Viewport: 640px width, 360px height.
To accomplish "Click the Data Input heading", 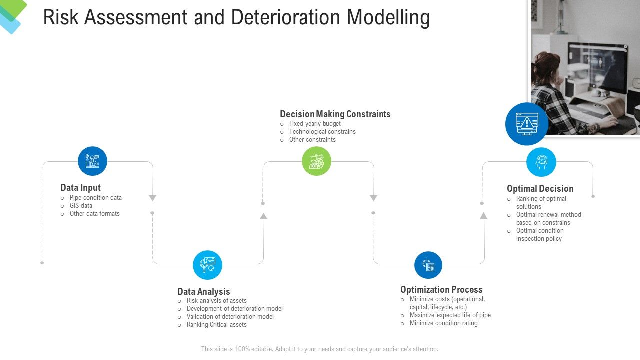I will [80, 188].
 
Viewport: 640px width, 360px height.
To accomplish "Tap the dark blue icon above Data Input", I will [92, 161].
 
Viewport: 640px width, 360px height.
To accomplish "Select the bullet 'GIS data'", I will [81, 206].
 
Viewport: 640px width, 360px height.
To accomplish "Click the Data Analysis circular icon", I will [207, 265].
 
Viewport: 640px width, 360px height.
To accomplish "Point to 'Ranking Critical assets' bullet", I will [216, 325].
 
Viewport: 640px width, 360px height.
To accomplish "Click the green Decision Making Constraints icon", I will [316, 161].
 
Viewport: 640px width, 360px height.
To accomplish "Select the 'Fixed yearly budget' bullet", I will [315, 124].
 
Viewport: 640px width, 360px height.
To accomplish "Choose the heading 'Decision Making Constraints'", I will [335, 114].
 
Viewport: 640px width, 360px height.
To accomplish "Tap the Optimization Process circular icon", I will [428, 265].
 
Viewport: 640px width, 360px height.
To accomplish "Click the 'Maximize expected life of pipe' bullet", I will [450, 315].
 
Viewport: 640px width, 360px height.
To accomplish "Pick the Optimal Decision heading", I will [540, 189].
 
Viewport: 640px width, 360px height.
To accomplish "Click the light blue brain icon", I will [541, 162].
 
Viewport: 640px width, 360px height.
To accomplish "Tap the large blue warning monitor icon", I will [526, 124].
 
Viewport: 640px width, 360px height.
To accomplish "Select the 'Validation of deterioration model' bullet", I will [230, 317].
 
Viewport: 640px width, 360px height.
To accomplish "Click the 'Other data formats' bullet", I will [94, 214].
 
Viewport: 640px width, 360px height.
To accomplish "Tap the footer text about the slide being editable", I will [319, 349].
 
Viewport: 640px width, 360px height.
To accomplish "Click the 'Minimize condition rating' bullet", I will [443, 323].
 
